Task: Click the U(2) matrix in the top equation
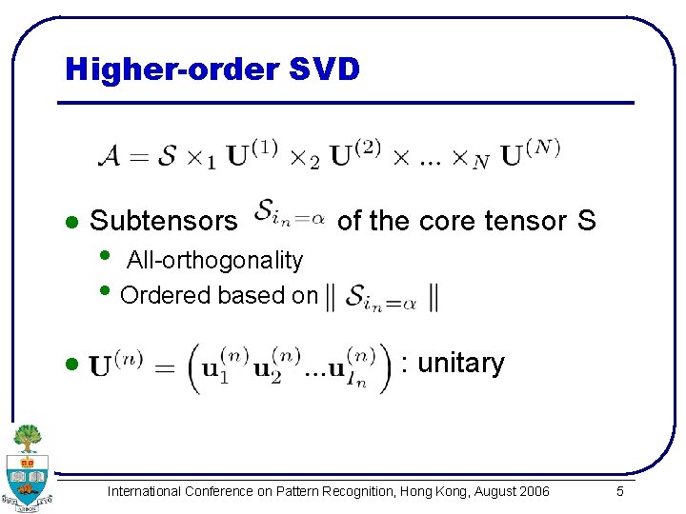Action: (355, 153)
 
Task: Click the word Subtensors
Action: (163, 222)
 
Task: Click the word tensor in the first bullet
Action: (526, 221)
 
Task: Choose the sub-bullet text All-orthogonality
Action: (214, 260)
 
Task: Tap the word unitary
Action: (461, 363)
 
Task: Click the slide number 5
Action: (620, 491)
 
